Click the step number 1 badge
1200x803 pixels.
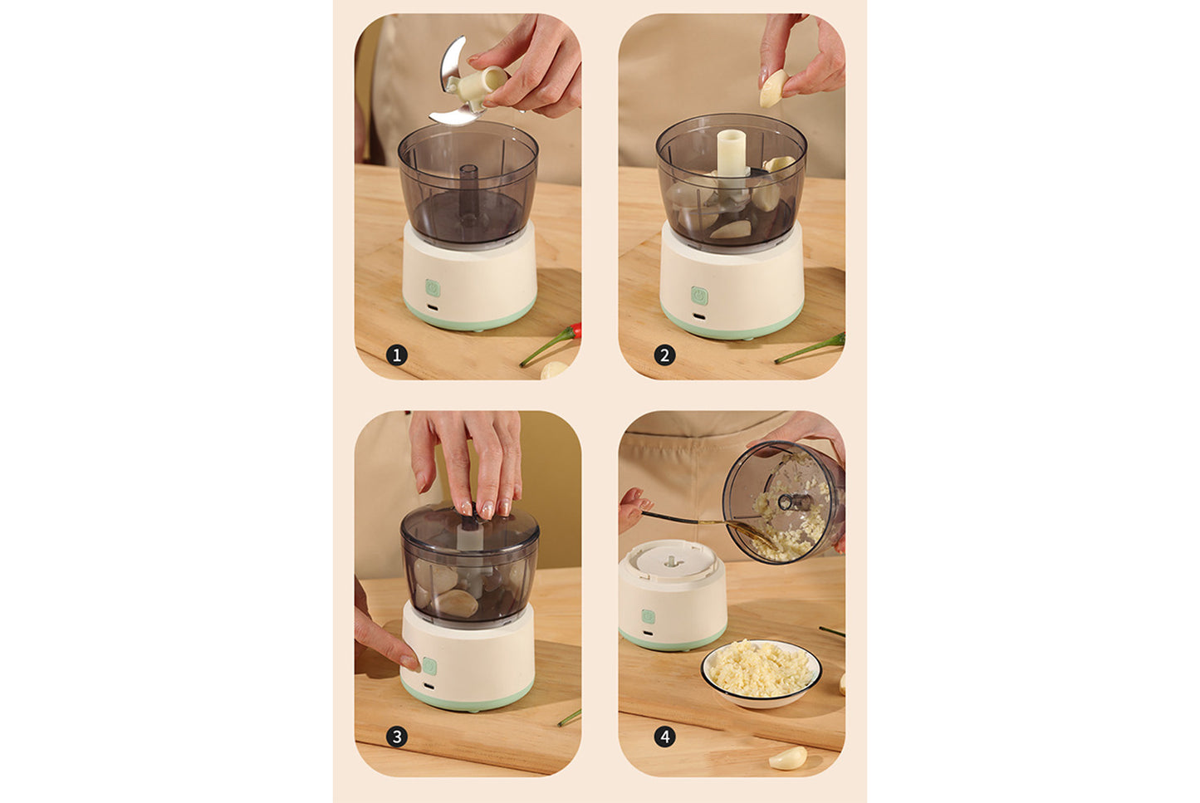(397, 355)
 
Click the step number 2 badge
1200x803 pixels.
(664, 355)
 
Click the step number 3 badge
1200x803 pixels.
(397, 737)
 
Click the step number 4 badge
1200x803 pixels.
(664, 737)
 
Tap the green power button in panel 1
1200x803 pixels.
(433, 288)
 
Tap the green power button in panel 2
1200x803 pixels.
(699, 296)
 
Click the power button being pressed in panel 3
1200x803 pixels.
(429, 666)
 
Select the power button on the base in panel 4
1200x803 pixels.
(648, 617)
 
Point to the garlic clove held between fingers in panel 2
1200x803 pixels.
(772, 88)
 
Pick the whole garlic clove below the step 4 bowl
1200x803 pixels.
(787, 757)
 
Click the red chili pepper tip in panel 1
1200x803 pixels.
(576, 331)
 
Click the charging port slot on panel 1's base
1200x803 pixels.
(433, 312)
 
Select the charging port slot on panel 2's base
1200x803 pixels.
(699, 320)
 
